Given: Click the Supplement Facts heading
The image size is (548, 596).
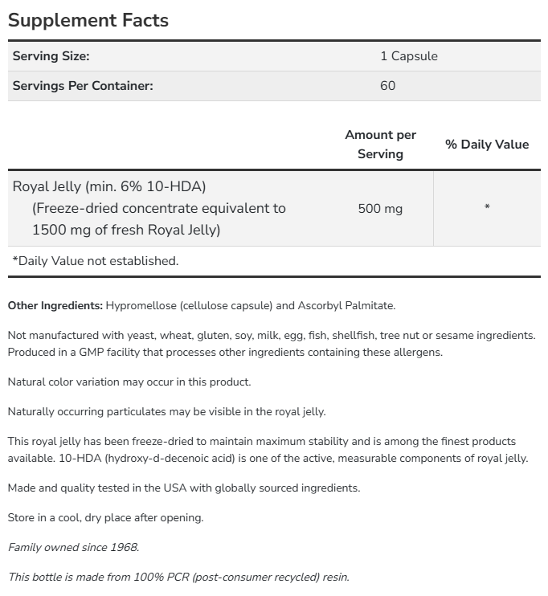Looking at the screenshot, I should point(88,20).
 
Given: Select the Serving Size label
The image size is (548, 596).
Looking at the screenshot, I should point(51,56).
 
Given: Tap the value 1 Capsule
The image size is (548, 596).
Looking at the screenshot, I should point(408,56).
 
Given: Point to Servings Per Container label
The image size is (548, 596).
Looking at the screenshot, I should point(82,85).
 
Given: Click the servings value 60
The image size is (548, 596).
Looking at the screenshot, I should point(387,85).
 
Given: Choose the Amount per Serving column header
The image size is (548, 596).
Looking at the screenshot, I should point(380,144).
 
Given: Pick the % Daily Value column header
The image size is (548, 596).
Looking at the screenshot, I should point(487,144).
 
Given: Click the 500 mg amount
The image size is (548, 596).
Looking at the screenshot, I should point(380,208).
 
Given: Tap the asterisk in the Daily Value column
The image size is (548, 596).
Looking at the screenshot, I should point(487,208).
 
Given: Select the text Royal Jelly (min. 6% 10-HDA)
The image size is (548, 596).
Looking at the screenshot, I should point(109,186).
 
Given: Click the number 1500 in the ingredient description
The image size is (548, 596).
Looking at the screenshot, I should point(49,230).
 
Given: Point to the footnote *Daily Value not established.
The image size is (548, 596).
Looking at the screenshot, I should point(95,260).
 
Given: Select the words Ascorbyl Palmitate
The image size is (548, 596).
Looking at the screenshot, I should point(346,305).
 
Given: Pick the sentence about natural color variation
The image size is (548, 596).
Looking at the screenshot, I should point(129,382).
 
